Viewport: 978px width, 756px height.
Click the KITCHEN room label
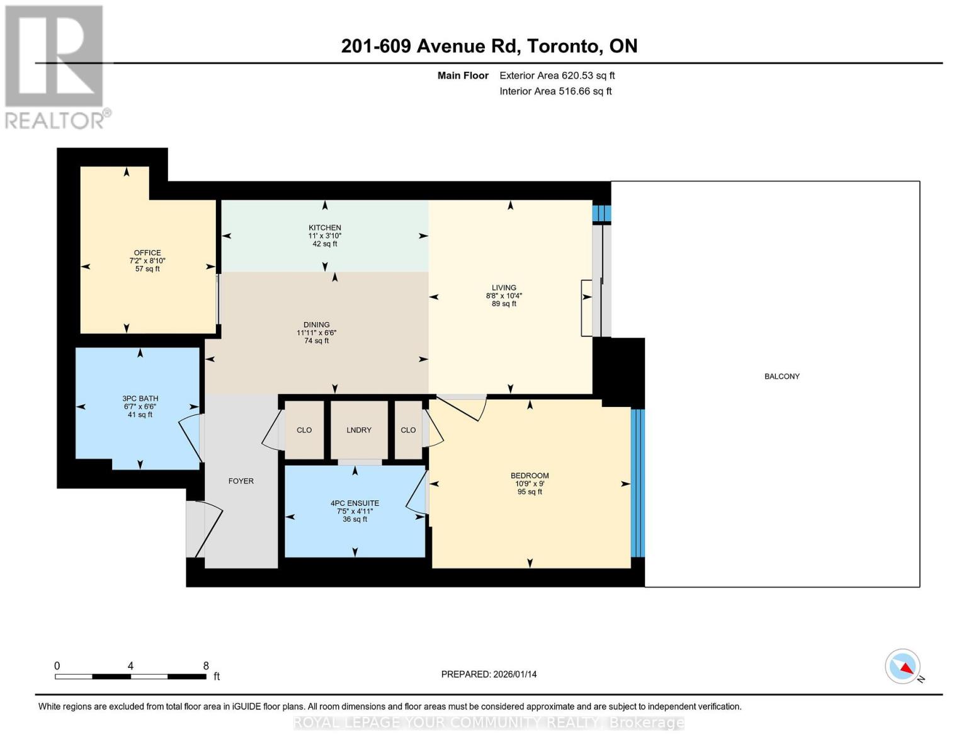(324, 227)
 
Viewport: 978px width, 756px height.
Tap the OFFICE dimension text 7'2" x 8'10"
(147, 261)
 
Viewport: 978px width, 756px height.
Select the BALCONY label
(782, 376)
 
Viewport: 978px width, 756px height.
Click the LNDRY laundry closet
(359, 430)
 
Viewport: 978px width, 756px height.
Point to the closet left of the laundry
(304, 430)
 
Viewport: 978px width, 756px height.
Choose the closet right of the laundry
(408, 430)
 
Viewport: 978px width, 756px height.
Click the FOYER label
(241, 481)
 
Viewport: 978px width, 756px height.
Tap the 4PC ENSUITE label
(355, 503)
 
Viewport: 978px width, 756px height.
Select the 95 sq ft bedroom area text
(530, 492)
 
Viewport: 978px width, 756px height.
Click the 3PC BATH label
(140, 398)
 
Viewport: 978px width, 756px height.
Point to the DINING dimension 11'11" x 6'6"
(316, 333)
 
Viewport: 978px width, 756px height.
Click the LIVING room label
(504, 287)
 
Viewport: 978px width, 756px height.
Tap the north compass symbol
(902, 667)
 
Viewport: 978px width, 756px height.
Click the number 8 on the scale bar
(206, 666)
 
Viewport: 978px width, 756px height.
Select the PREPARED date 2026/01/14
(489, 674)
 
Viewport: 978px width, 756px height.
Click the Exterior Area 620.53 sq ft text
(557, 76)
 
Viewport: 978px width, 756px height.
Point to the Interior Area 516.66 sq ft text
(555, 91)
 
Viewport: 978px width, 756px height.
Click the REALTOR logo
(55, 66)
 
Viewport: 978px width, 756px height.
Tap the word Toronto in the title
(562, 46)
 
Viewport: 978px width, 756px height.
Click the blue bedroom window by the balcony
(637, 483)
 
